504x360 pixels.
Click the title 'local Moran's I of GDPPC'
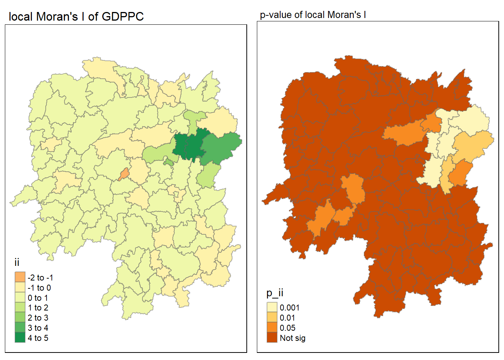tap(76, 17)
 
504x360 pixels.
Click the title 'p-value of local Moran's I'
tap(313, 15)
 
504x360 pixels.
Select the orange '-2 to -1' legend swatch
tap(20, 277)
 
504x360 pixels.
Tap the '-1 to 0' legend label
tap(39, 288)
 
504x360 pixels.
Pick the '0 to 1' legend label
tap(38, 298)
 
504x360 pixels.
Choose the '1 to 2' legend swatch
tap(20, 308)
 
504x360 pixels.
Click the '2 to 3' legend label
tap(38, 318)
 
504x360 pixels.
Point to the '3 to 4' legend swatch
tap(20, 328)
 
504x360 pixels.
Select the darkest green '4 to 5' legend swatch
tap(20, 338)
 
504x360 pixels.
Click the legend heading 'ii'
tap(17, 262)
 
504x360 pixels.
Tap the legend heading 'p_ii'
tap(275, 293)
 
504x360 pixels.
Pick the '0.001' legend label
tap(289, 308)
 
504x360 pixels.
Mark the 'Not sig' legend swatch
tap(272, 338)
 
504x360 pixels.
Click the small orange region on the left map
tap(124, 174)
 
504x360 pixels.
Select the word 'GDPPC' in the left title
tap(123, 17)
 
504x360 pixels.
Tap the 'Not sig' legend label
tap(292, 338)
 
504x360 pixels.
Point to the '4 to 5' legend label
tap(38, 338)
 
